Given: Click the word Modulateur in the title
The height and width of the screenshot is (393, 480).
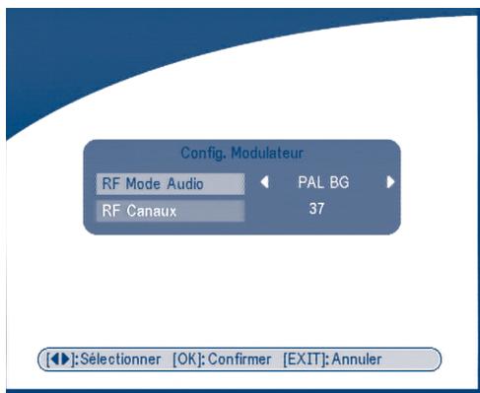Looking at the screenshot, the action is (267, 153).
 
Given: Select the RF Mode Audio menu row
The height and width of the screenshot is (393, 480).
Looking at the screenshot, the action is (171, 184).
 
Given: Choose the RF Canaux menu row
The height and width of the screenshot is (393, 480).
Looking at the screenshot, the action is (171, 211).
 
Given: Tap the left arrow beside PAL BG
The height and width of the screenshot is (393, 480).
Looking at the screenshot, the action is (265, 182).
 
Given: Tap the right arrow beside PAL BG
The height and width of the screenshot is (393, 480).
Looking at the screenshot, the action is (390, 182).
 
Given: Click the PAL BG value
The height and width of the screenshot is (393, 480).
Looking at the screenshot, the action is (323, 182).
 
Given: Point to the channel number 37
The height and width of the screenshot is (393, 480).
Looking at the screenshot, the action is (316, 209).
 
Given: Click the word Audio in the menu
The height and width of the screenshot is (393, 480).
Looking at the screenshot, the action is (185, 183).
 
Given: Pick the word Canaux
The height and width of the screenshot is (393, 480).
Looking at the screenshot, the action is (152, 211).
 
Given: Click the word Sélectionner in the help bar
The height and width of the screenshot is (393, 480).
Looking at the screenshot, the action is (120, 359).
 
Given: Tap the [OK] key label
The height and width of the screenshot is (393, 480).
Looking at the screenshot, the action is (187, 360).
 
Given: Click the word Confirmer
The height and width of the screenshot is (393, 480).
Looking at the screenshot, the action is (240, 360).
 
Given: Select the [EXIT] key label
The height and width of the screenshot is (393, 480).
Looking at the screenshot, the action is (306, 360).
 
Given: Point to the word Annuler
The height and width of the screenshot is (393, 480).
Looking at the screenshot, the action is (357, 360).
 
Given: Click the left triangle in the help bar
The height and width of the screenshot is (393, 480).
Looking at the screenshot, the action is (55, 359).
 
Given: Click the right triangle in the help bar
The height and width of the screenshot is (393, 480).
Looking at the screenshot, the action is (66, 359).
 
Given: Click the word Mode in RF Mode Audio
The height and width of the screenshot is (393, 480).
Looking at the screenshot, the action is (144, 183).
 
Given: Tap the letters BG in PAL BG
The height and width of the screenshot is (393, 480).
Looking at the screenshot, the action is (339, 182).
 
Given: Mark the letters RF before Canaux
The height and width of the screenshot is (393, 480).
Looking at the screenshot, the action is (111, 211).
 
